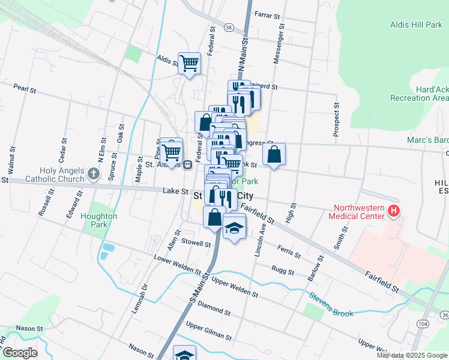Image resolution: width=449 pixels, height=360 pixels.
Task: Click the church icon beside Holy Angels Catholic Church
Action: coord(93,175)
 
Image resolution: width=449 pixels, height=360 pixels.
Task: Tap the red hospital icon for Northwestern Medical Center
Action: coord(394,211)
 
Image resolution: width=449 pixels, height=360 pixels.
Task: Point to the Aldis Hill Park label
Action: coord(417,25)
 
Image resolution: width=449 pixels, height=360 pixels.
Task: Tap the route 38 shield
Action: coord(229,28)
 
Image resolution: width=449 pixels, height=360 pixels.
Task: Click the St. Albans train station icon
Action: coord(188,164)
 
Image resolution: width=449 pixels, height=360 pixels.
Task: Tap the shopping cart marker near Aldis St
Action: coord(190,62)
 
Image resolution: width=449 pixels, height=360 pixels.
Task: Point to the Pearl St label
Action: coord(25,89)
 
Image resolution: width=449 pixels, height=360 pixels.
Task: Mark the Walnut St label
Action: coord(11,155)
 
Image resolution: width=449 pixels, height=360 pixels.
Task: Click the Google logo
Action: coord(20,353)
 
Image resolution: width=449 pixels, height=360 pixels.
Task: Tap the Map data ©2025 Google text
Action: coord(411,355)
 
